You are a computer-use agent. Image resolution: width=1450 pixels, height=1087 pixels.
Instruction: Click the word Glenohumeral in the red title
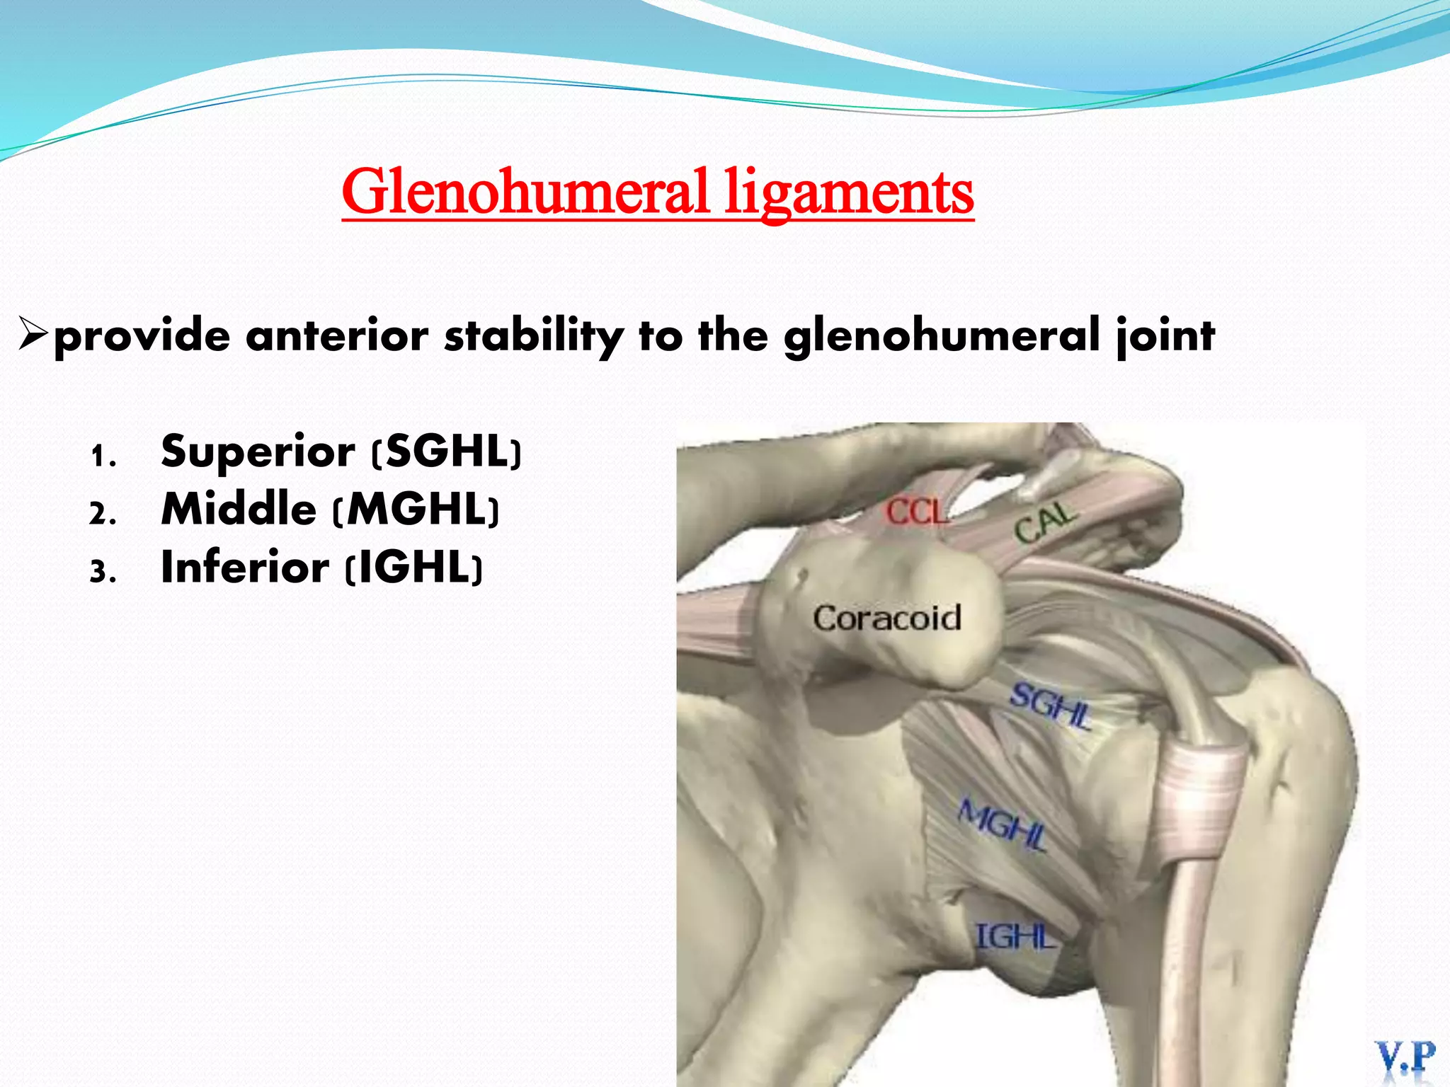click(x=525, y=192)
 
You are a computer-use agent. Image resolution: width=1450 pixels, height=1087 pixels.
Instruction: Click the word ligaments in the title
click(x=849, y=192)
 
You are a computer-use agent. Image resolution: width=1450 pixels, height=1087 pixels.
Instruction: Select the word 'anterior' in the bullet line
click(x=337, y=335)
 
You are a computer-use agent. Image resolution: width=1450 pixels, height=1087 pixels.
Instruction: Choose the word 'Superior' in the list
click(x=258, y=452)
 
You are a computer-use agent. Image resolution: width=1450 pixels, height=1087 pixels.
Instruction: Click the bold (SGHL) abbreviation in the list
click(x=447, y=452)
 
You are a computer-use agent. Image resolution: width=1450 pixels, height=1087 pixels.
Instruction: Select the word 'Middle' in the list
click(x=239, y=509)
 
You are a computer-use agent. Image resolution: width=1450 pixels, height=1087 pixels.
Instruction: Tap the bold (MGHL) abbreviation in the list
click(x=416, y=509)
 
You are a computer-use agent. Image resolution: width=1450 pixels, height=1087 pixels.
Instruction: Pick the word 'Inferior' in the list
click(x=245, y=567)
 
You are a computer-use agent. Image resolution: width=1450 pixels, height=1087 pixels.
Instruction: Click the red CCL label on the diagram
click(x=916, y=512)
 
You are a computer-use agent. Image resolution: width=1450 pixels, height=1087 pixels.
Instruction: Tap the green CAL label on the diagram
click(x=1045, y=523)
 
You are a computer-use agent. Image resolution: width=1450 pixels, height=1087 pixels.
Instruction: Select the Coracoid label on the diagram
click(x=886, y=618)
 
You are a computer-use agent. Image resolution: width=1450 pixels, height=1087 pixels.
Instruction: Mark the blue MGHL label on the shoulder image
click(x=1002, y=824)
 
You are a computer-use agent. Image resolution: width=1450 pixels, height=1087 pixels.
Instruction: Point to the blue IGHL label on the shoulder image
click(x=1015, y=936)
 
